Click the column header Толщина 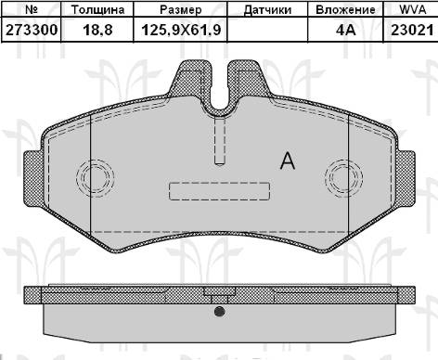97,10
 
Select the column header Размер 181,10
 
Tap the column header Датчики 267,10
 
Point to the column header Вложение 345,10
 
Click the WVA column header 413,9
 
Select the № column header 32,9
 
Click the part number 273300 32,31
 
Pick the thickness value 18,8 97,31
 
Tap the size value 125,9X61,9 181,31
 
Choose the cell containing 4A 345,31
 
